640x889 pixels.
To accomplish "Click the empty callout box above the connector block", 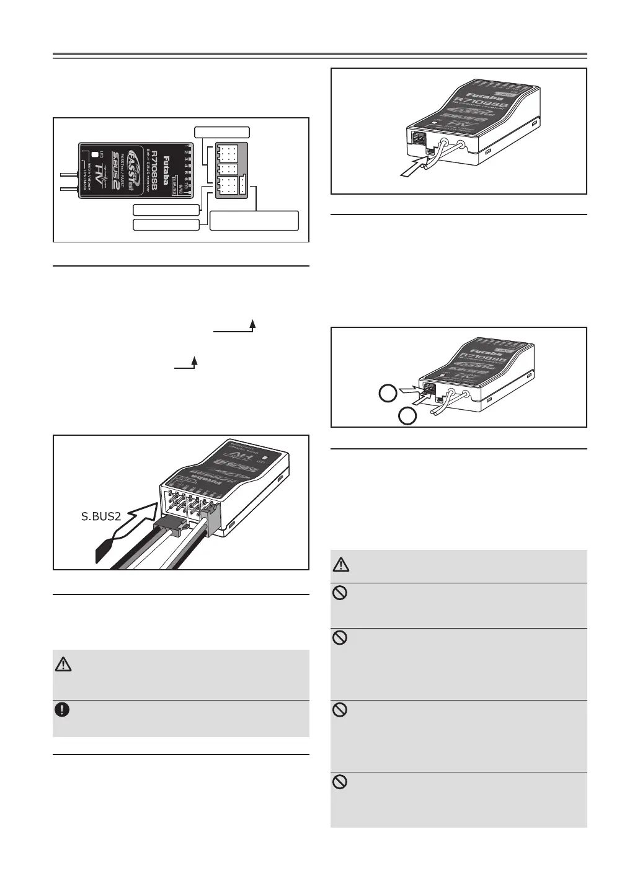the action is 222,131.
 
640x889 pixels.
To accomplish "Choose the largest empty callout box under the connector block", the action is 254,220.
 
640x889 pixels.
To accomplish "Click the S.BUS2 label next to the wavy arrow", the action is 100,515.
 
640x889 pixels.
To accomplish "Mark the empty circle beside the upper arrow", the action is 388,392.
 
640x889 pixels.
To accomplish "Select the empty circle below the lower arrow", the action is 406,417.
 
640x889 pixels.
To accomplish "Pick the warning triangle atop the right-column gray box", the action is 342,565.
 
